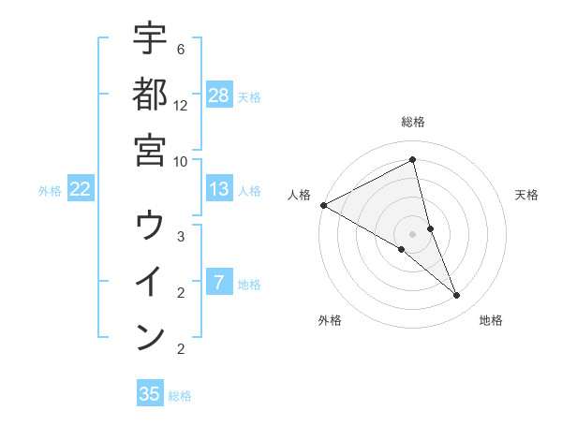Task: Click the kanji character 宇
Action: click(x=150, y=38)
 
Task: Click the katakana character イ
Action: click(x=150, y=282)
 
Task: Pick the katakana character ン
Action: click(x=150, y=336)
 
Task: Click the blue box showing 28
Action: click(x=219, y=95)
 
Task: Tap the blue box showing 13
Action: click(x=219, y=189)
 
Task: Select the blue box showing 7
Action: click(x=219, y=283)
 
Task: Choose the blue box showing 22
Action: click(x=81, y=189)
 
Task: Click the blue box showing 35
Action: click(x=150, y=394)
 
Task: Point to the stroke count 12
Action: click(x=181, y=105)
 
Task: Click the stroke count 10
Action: click(x=181, y=160)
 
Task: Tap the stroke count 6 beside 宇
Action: click(x=181, y=49)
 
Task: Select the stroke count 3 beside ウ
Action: click(x=181, y=237)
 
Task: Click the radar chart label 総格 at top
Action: click(x=413, y=122)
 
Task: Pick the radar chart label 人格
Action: click(x=299, y=195)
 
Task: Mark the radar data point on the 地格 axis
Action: click(x=457, y=296)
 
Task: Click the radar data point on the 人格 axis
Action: click(x=323, y=205)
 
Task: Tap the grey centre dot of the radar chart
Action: click(x=413, y=234)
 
